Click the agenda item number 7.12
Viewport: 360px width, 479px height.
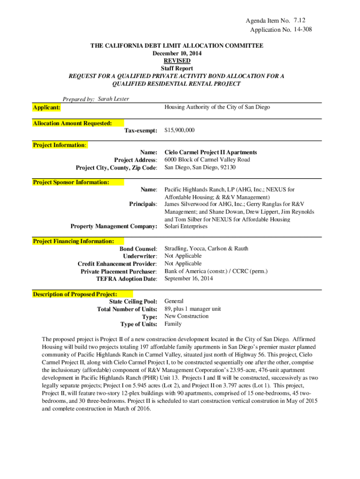301,20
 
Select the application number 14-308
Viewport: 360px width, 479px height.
302,30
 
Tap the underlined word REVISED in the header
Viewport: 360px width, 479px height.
177,61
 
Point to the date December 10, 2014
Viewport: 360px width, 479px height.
177,53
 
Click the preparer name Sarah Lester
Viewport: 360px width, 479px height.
113,99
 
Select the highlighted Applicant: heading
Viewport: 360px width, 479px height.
46,108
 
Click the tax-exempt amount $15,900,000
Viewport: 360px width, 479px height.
180,130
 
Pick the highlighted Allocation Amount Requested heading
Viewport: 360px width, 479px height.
72,123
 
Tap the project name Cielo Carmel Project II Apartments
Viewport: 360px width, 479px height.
210,152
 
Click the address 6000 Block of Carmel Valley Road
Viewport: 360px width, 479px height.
207,160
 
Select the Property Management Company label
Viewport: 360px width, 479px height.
114,226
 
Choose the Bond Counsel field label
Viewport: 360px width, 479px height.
138,249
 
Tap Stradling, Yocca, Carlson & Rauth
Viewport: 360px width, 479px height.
206,248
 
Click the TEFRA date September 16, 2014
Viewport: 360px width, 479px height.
188,278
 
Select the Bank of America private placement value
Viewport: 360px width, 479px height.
216,271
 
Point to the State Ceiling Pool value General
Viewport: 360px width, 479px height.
174,301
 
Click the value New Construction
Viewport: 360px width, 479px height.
187,316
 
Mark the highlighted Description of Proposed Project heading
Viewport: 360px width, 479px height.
75,294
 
